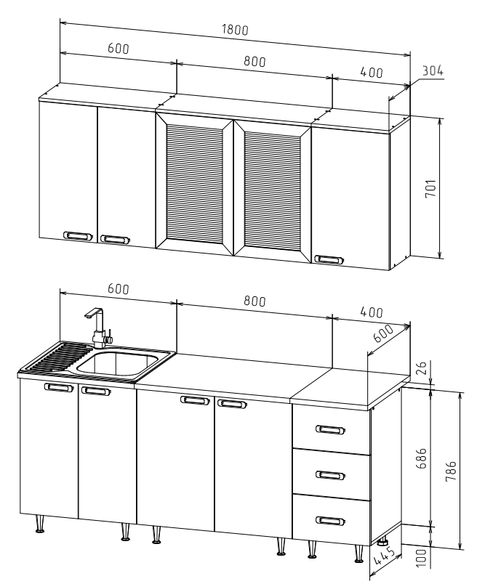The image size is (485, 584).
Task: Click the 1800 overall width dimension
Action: coord(235,30)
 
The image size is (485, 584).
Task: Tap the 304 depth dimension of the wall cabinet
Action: coord(433,70)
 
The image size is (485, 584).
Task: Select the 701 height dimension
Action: coord(430,188)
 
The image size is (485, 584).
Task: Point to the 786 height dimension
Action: coord(451,471)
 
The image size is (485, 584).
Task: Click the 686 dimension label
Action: coord(421,458)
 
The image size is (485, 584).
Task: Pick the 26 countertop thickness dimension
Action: coord(420,368)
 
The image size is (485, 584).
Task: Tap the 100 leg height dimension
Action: coord(421,558)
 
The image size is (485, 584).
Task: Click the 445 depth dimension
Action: coord(384,556)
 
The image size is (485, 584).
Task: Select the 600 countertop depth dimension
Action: coord(383,333)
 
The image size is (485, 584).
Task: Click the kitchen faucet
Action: coord(98,328)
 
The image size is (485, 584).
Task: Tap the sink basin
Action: coord(117,364)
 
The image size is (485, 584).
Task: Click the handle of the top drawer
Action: coord(330,429)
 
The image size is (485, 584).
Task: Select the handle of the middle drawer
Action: coord(330,475)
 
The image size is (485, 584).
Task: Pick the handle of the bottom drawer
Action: coord(330,521)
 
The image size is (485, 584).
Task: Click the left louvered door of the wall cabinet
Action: coord(194,184)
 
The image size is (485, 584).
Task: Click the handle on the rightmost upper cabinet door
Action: coord(329,259)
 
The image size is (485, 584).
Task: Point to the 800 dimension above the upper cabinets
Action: coord(254,61)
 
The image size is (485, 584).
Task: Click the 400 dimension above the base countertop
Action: coord(372,312)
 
